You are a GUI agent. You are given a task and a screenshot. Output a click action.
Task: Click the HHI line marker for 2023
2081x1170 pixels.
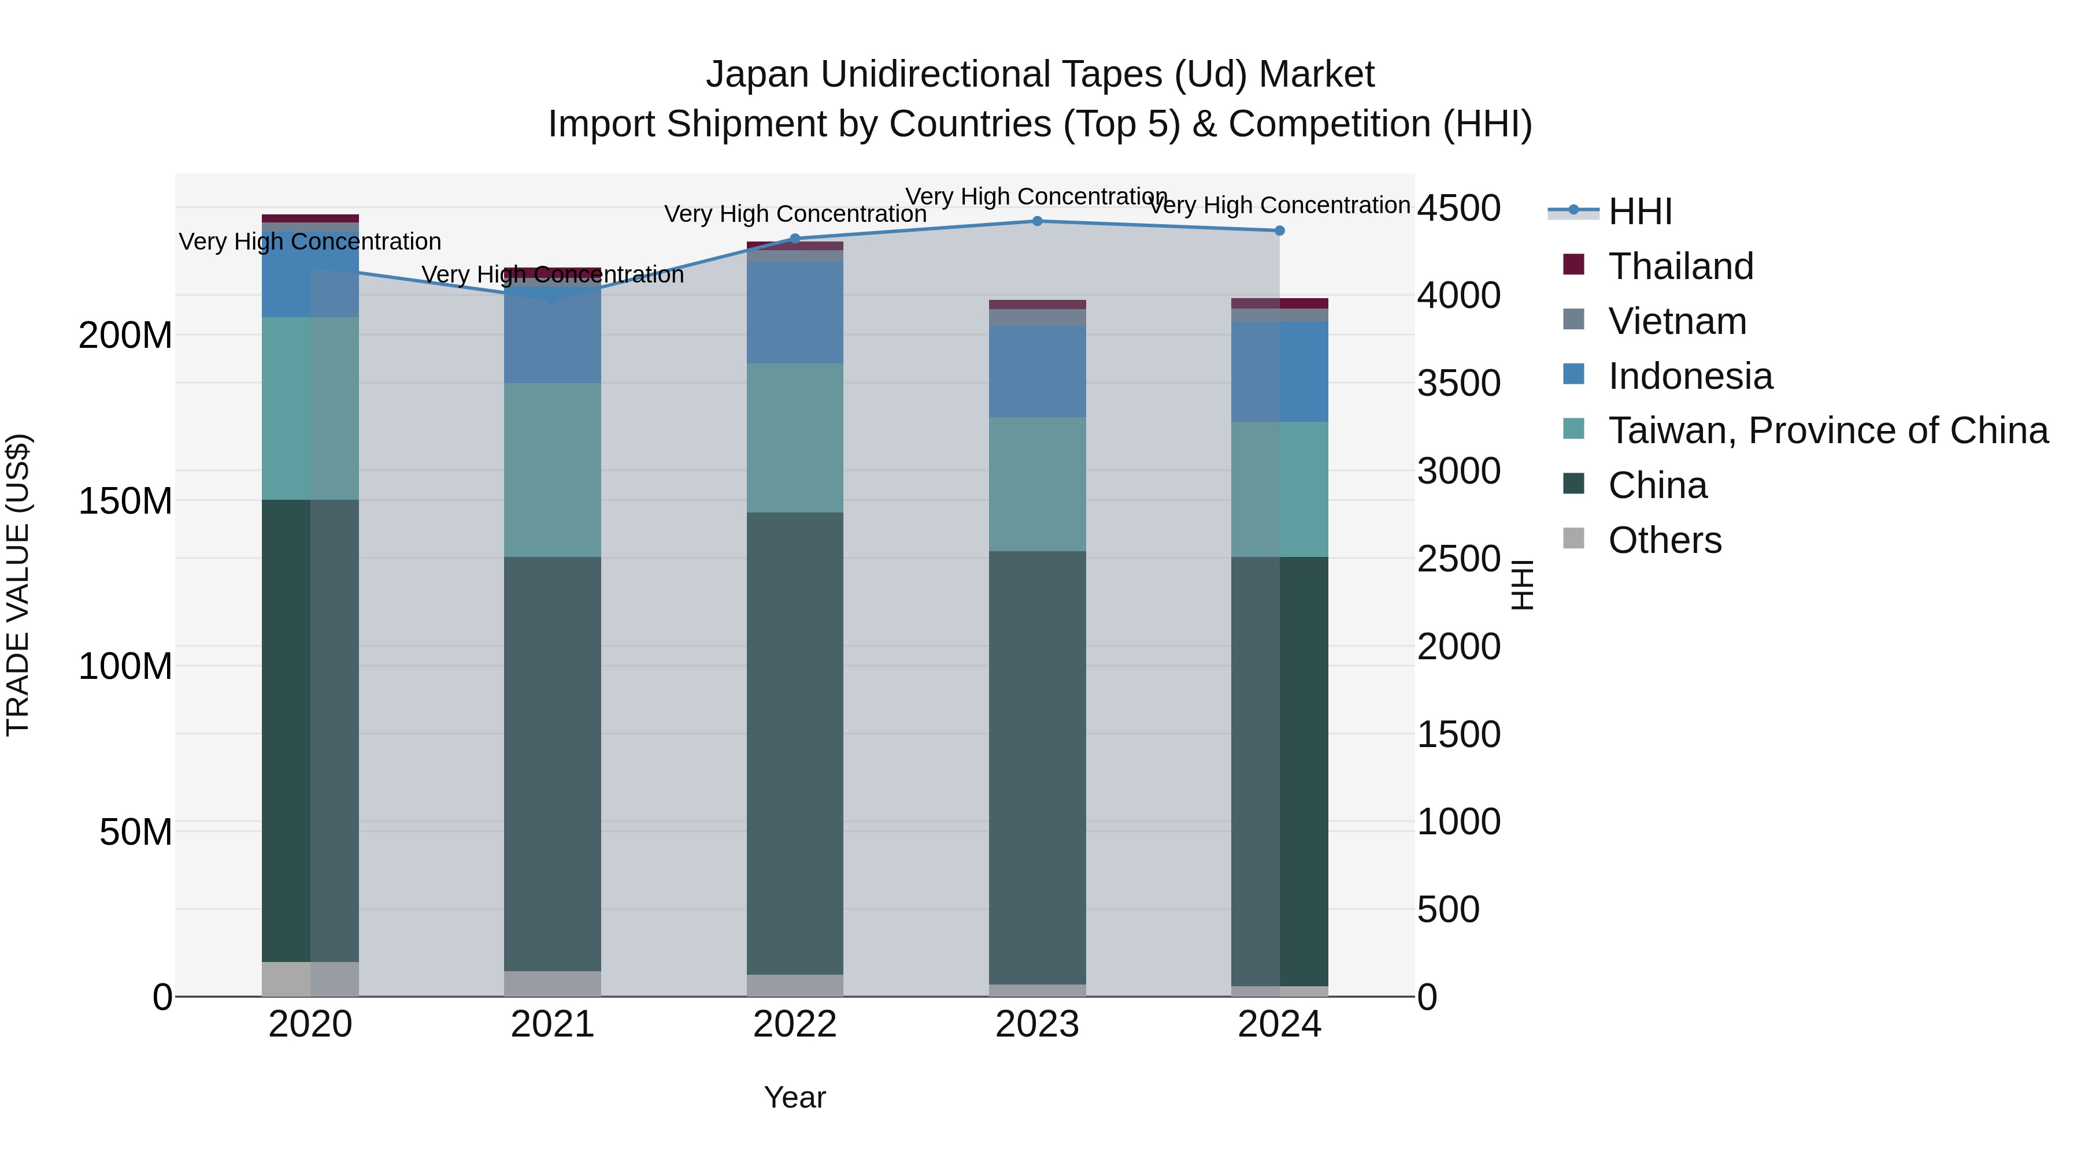pos(1037,221)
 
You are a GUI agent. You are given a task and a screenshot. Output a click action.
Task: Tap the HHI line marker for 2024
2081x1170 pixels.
pos(1280,231)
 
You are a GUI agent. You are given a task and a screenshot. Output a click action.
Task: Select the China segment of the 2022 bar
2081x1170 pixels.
pos(795,743)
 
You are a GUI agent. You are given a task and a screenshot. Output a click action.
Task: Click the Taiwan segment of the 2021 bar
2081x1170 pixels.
pos(553,470)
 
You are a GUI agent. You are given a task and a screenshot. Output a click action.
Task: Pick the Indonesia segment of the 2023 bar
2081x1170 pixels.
pos(1037,372)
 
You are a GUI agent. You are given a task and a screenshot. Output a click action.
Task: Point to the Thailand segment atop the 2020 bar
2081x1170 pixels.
pos(310,218)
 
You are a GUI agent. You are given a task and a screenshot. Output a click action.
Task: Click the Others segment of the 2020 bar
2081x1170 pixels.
pos(310,979)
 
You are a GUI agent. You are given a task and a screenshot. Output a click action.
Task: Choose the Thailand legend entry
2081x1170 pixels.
pos(1680,266)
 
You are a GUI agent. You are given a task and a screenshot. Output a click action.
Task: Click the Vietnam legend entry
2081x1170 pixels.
pos(1677,321)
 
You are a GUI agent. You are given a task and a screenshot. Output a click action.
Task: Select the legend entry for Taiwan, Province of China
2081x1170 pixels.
pos(1827,430)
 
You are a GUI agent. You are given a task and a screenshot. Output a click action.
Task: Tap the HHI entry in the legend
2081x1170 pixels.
pos(1640,211)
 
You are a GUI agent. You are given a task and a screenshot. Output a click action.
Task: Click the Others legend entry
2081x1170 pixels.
pos(1664,540)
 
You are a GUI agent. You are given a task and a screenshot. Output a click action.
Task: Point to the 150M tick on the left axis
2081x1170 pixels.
pos(125,502)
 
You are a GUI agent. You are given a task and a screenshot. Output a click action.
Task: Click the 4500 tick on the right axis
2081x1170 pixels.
pos(1459,209)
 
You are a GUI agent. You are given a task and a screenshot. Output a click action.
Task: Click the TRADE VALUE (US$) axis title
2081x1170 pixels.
pos(18,585)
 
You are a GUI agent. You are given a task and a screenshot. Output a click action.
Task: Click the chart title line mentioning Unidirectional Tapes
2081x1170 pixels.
pos(1040,75)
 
